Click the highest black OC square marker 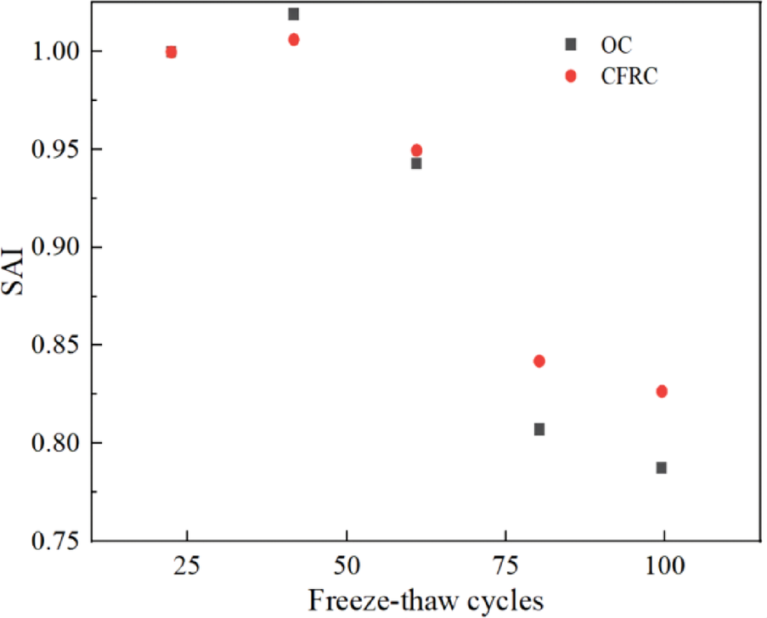pyautogui.click(x=294, y=14)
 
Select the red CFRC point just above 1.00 pyautogui.click(x=294, y=39)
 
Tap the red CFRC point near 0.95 pyautogui.click(x=416, y=150)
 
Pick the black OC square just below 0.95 pyautogui.click(x=416, y=163)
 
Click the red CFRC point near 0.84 pyautogui.click(x=539, y=361)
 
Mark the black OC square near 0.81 pyautogui.click(x=539, y=429)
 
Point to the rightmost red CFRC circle pyautogui.click(x=662, y=391)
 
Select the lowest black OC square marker pyautogui.click(x=661, y=468)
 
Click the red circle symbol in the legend pyautogui.click(x=571, y=76)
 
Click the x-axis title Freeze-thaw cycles pyautogui.click(x=426, y=601)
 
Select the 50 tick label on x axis pyautogui.click(x=347, y=565)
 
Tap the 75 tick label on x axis pyautogui.click(x=506, y=565)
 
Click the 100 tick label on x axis pyautogui.click(x=664, y=565)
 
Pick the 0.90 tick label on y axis pyautogui.click(x=55, y=247)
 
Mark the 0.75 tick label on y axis pyautogui.click(x=55, y=541)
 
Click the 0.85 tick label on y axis pyautogui.click(x=55, y=346)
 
